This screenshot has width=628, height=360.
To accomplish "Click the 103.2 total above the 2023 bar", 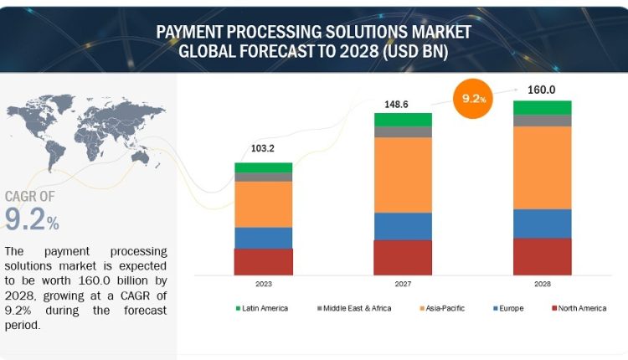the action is [263, 148].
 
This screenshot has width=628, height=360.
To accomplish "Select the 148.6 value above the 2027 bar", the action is [396, 105].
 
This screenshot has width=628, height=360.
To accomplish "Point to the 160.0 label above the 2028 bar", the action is [542, 90].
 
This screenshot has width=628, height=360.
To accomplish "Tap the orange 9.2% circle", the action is [473, 99].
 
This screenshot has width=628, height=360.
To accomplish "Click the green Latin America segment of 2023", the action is [264, 167].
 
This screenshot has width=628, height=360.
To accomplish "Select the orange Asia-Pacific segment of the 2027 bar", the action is [403, 175].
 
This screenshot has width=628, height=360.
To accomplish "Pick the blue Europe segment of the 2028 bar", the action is [543, 224].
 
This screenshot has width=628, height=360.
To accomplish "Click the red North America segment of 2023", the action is [264, 262].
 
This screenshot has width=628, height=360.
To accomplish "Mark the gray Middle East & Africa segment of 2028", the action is [543, 121].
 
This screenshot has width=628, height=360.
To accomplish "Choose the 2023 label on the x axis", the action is [264, 284].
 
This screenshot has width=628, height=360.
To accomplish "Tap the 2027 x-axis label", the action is [403, 284].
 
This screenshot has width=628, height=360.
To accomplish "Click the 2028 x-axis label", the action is [543, 284].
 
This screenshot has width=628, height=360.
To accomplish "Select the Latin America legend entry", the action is [262, 308].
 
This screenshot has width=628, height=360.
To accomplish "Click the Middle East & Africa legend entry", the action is [354, 308].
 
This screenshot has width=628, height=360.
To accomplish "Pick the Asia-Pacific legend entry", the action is [442, 308].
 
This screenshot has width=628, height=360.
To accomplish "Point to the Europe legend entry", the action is [508, 308].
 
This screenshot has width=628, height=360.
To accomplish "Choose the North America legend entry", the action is [579, 308].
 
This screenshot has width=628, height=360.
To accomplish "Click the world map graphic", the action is [85, 132].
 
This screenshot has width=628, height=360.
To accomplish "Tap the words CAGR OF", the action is [29, 196].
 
